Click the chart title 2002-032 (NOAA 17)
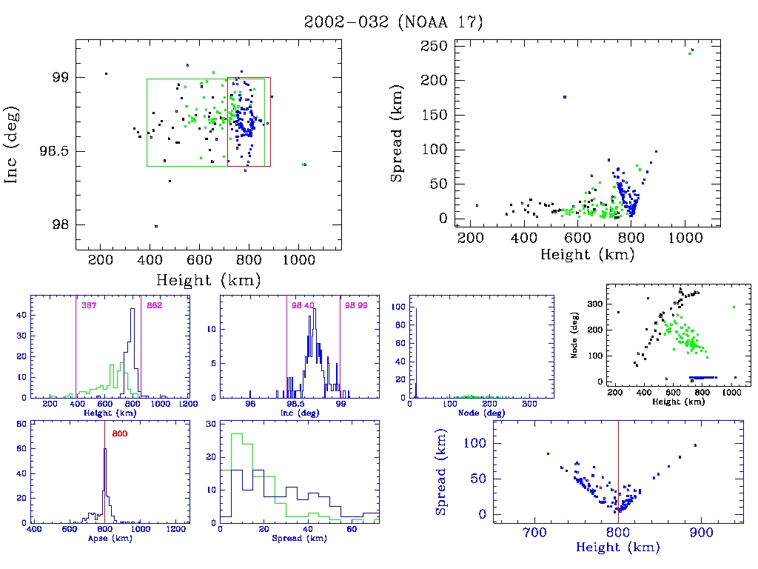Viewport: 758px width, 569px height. [393, 22]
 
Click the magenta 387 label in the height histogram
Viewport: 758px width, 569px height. [89, 305]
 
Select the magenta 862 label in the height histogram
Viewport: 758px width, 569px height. [154, 305]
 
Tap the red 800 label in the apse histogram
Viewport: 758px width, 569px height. [120, 433]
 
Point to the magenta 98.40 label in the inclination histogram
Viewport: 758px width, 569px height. [303, 305]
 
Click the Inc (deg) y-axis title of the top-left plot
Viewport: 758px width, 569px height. [12, 145]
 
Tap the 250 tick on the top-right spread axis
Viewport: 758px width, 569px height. [434, 46]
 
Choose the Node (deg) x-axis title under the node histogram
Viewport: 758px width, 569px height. [481, 413]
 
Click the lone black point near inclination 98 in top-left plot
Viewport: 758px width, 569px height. [155, 226]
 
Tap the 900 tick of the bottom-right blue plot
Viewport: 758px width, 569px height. [700, 532]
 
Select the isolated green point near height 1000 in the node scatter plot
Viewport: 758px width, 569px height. [734, 307]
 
